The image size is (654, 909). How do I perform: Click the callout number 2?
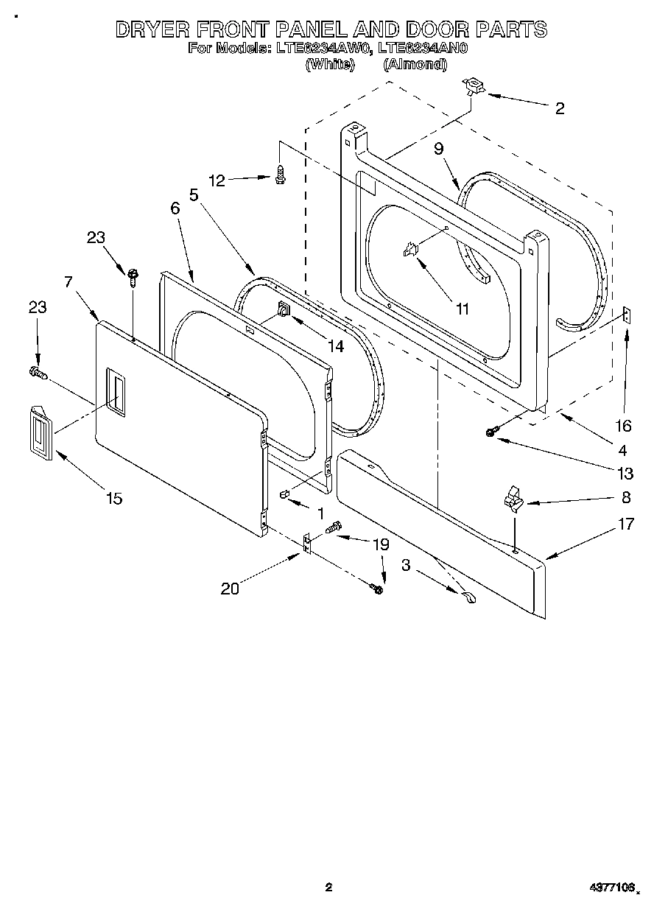[x=560, y=108]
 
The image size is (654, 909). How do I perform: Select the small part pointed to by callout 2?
[x=471, y=87]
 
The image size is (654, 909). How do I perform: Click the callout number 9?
[x=439, y=149]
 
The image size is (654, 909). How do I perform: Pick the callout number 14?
[x=336, y=346]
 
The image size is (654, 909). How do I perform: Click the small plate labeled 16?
[x=625, y=315]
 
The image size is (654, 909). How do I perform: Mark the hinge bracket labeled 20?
[x=309, y=545]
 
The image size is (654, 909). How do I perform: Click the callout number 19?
[x=381, y=545]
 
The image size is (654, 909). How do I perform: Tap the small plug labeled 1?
[x=284, y=494]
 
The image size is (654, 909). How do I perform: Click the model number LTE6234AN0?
[x=423, y=49]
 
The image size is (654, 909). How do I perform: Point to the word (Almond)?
[x=415, y=65]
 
